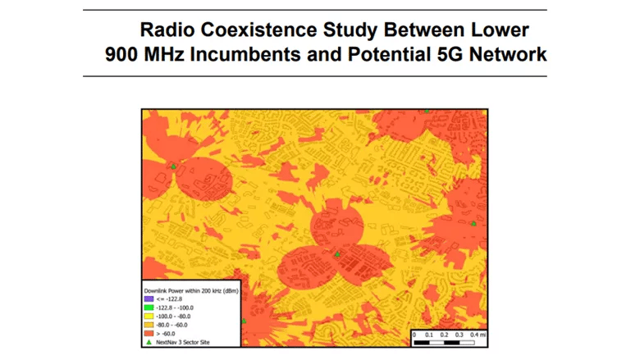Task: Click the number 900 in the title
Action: point(126,56)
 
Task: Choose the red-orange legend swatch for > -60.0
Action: point(149,334)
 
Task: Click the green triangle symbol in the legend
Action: point(149,343)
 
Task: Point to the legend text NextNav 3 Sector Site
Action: point(181,343)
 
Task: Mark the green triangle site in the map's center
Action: point(336,255)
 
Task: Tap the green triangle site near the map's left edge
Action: point(173,166)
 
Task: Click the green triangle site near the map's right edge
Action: point(473,223)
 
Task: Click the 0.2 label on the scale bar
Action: point(444,335)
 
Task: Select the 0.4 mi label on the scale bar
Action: point(477,335)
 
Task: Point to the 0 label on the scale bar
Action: point(414,335)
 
